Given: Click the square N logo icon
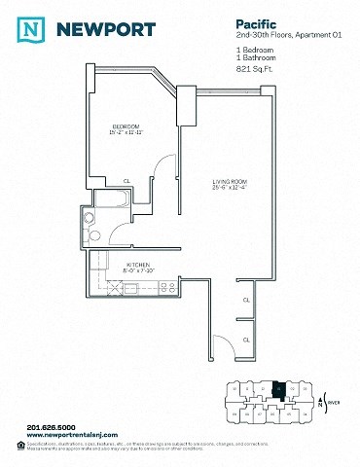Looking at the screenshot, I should tap(34, 30).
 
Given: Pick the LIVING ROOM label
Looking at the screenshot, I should tap(233, 182).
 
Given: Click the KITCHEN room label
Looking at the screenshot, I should tap(135, 264).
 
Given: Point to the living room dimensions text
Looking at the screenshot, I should tap(233, 189).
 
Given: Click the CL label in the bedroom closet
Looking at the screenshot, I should tap(126, 180).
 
